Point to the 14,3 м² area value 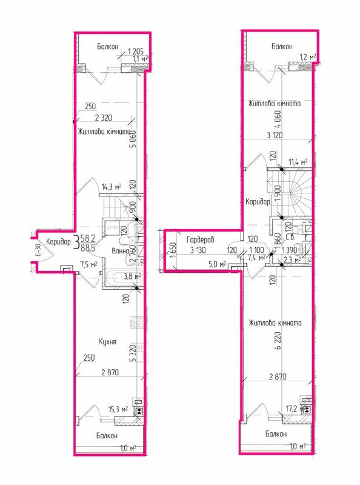[110, 187]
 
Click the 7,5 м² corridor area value [88, 264]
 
